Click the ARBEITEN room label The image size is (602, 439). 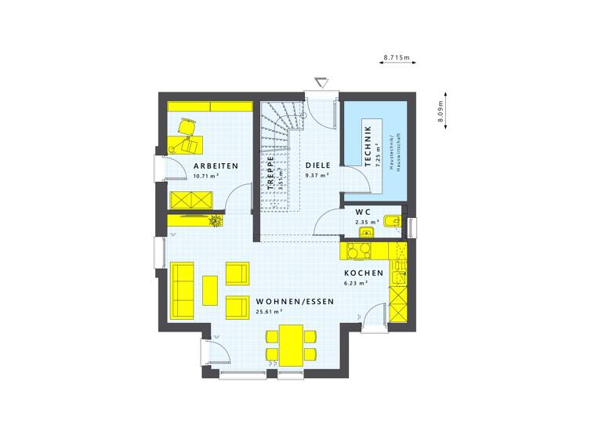(216, 165)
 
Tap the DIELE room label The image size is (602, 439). (317, 165)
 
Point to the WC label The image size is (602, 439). (363, 212)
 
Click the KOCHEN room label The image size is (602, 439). (364, 274)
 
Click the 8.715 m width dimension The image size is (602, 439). (397, 58)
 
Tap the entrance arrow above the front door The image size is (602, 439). (320, 83)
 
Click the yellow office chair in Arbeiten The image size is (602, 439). (187, 127)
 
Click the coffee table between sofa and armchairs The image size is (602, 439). (210, 289)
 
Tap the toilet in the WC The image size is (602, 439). (392, 222)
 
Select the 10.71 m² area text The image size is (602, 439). (205, 176)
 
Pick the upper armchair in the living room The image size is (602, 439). (237, 273)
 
